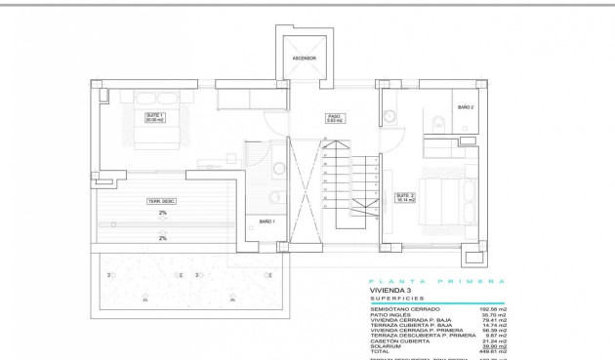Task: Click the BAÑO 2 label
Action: [x=465, y=107]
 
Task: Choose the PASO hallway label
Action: [x=333, y=118]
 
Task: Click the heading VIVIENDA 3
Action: [x=392, y=291]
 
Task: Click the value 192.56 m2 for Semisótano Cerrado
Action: [x=490, y=309]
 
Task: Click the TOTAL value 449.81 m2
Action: [x=490, y=350]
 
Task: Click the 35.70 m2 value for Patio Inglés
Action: [x=492, y=315]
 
